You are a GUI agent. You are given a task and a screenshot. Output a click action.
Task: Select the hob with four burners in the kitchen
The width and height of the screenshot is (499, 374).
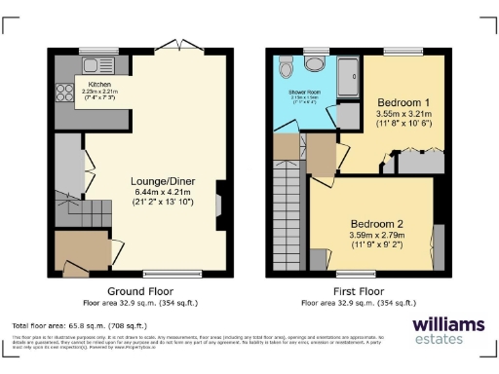65,93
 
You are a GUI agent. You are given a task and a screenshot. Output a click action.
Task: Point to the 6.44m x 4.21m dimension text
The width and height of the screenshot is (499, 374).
161,192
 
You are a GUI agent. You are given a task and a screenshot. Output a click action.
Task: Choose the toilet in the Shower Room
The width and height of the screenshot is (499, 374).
285,68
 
